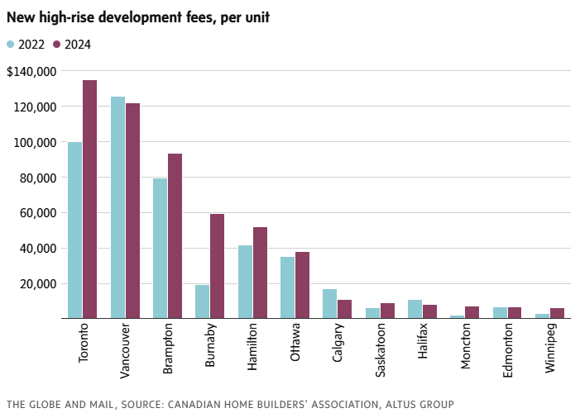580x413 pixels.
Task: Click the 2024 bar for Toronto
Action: (x=89, y=199)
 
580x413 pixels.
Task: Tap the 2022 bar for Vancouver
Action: (x=117, y=207)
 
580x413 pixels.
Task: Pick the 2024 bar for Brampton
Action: (x=175, y=235)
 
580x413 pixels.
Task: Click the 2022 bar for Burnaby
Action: (x=202, y=301)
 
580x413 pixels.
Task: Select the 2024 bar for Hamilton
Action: (x=260, y=273)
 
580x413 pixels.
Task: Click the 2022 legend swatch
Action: (x=11, y=45)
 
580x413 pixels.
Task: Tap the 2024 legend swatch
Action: (x=57, y=45)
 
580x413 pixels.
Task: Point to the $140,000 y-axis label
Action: (x=31, y=72)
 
